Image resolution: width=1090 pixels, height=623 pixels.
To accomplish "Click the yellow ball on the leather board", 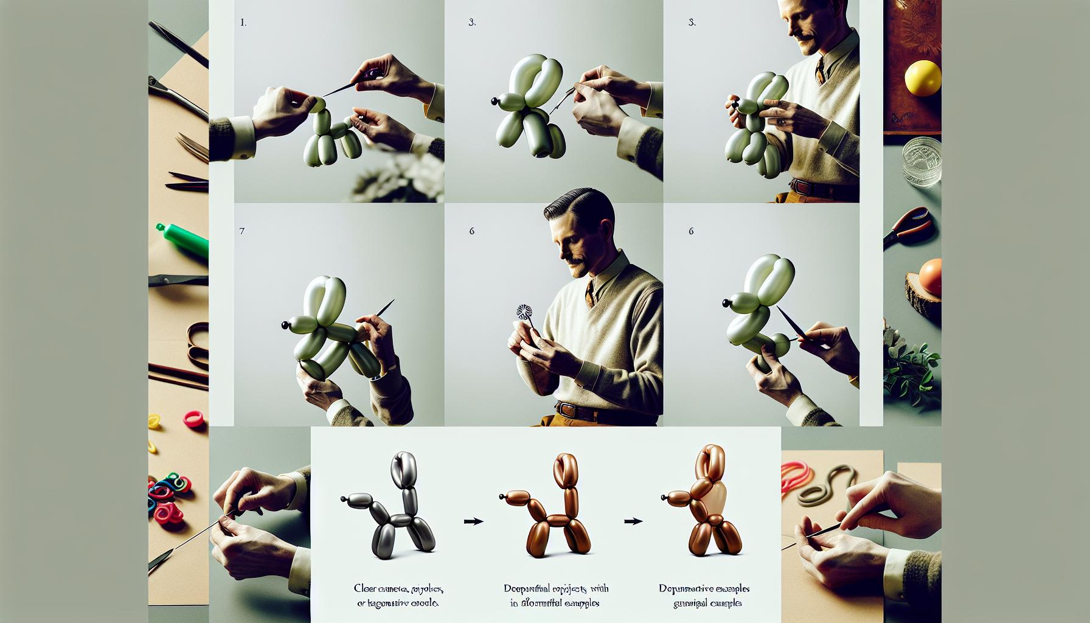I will click(x=922, y=78).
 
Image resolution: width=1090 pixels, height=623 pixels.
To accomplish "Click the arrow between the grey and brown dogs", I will click(x=473, y=521).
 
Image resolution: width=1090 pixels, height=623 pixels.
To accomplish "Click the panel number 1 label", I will click(x=243, y=23).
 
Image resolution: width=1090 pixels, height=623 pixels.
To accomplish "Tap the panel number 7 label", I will click(x=242, y=232).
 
